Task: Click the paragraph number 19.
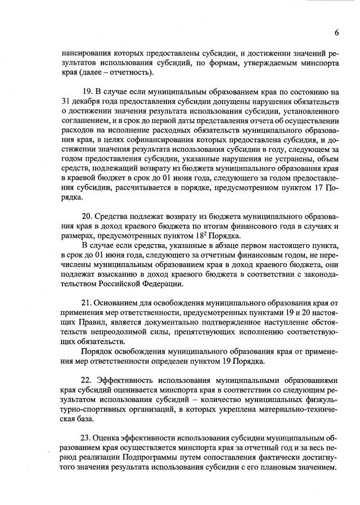tap(88, 91)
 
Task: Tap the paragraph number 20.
tap(88, 217)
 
